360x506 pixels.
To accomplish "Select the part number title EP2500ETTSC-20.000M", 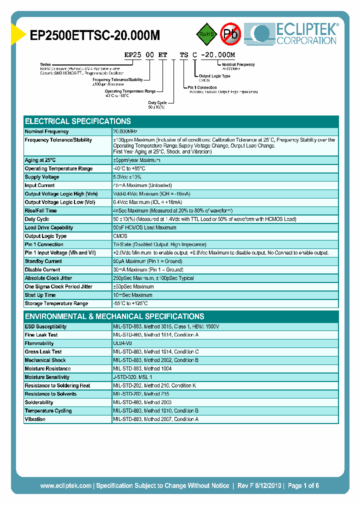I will (95, 35).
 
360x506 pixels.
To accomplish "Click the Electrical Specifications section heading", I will (78, 121).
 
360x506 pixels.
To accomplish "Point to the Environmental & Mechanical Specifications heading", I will (114, 316).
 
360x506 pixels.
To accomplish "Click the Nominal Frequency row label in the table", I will (46, 131).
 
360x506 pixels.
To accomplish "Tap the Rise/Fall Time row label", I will (40, 210).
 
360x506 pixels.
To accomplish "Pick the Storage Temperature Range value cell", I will (130, 303).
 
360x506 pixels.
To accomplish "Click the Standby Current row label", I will (43, 261).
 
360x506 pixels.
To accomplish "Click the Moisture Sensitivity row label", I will (47, 377).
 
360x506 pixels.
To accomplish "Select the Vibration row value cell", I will (155, 419).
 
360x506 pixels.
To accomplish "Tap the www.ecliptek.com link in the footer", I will (65, 485).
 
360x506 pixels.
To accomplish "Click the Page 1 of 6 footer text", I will (303, 485).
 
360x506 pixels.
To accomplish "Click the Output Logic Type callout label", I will (214, 76).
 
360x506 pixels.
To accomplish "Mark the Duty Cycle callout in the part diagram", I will (157, 102).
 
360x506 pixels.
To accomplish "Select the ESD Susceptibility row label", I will (45, 326).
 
